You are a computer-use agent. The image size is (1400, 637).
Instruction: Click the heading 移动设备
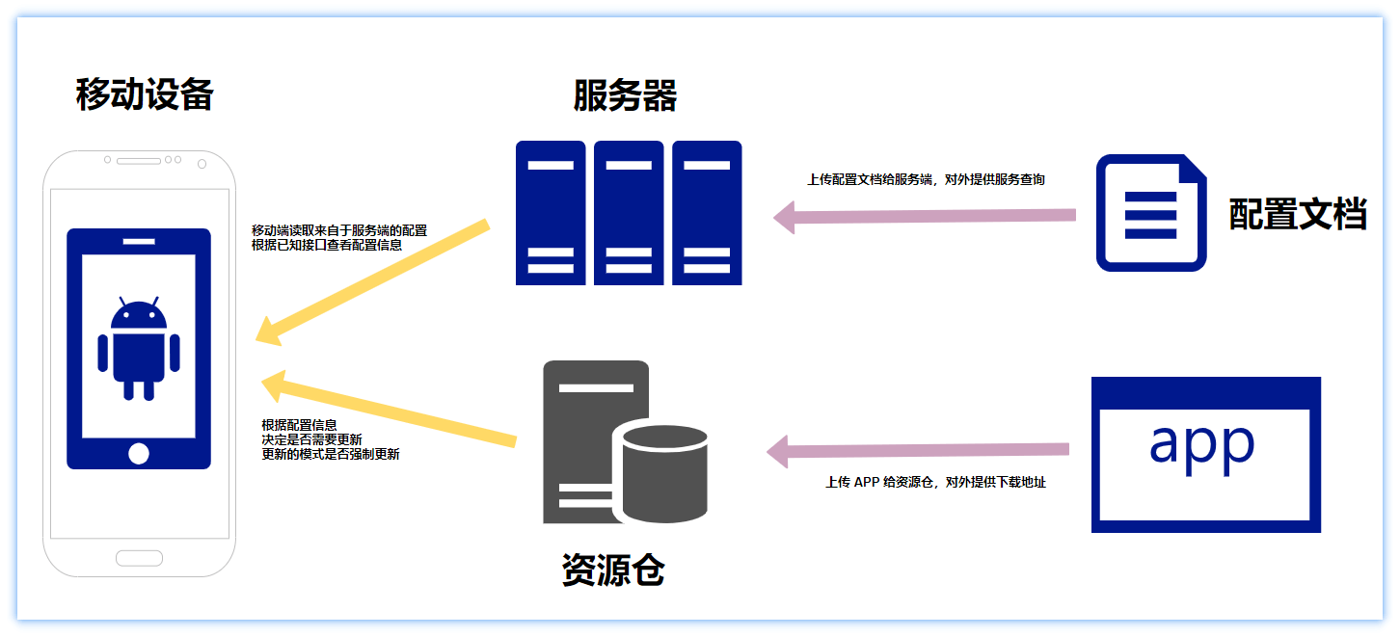(145, 95)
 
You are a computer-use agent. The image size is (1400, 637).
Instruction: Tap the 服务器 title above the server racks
(625, 96)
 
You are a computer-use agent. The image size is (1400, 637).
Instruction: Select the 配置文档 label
(1298, 214)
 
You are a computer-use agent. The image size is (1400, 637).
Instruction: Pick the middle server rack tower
(629, 213)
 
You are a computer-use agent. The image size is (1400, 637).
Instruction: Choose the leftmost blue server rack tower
(551, 213)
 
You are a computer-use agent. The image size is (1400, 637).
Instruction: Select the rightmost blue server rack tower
(707, 213)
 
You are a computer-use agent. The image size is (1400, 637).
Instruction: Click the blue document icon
(1150, 213)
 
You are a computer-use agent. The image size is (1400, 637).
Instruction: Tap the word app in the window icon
(1201, 443)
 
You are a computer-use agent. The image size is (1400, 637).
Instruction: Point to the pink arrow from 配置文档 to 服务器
(926, 216)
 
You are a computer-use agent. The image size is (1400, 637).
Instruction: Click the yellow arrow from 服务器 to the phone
(376, 281)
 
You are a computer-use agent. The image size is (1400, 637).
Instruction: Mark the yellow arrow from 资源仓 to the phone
(386, 410)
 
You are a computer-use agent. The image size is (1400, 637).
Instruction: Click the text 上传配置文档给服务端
(868, 179)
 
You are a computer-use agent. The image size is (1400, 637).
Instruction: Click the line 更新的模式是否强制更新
(331, 454)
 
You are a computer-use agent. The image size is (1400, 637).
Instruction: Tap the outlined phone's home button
(139, 558)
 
